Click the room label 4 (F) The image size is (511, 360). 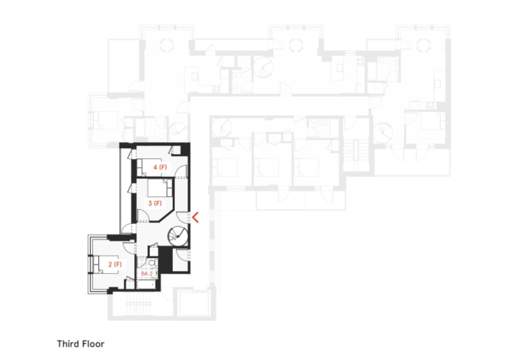pos(160,167)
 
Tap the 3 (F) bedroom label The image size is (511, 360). pos(155,203)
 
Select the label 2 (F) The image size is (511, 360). pos(114,263)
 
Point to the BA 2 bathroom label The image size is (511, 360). pos(146,274)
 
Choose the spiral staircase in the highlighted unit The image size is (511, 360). pos(178,236)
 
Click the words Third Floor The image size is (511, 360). pos(80,344)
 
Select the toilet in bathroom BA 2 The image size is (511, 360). pos(154,262)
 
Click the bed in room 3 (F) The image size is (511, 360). pos(159,188)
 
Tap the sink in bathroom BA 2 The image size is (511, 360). pos(155,273)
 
